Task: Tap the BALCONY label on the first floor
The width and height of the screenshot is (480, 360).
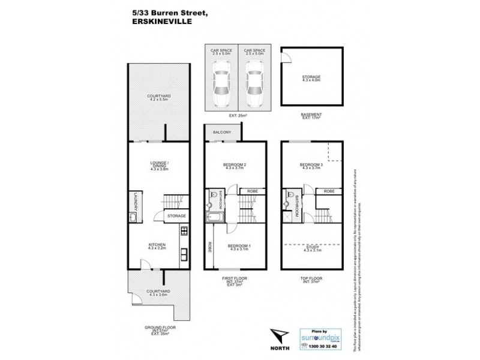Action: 221,131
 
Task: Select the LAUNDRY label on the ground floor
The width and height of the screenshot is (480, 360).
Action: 136,200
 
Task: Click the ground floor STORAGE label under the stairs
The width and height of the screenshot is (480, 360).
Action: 176,215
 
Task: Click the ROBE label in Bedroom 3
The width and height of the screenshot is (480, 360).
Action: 328,191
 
